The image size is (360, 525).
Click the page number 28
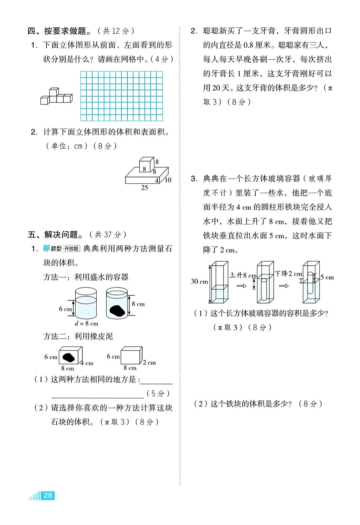tap(48, 495)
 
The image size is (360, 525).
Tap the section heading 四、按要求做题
tap(59, 31)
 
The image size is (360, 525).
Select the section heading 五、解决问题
tap(55, 235)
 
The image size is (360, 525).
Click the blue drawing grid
tap(122, 96)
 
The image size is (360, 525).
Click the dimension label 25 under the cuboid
tap(144, 188)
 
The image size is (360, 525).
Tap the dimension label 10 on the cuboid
tap(168, 180)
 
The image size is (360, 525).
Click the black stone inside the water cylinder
tap(117, 310)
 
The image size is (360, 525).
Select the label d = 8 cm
tap(86, 323)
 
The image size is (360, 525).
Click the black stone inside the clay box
tap(69, 357)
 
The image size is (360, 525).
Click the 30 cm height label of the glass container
tap(199, 281)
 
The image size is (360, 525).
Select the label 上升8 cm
tap(243, 275)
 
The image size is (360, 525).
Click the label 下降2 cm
tap(288, 274)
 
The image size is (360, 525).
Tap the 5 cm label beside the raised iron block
tap(327, 277)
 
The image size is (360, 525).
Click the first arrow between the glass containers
tap(241, 286)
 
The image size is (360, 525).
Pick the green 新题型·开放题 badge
tap(61, 249)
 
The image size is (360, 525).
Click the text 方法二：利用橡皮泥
tap(78, 336)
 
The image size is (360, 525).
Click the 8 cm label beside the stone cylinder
tap(138, 304)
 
